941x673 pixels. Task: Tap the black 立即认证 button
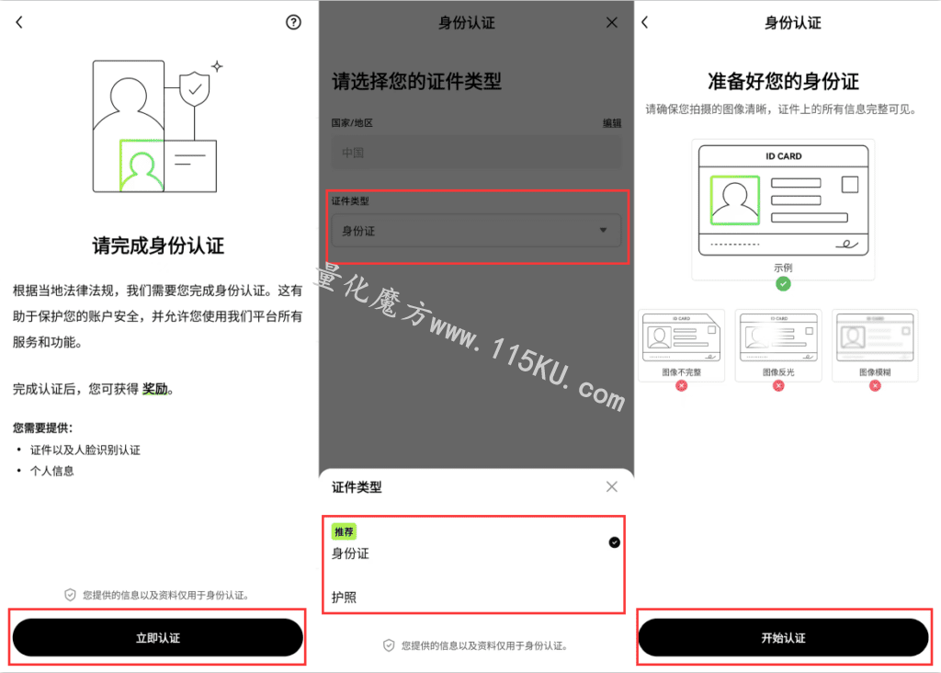(157, 637)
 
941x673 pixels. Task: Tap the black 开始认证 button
(783, 637)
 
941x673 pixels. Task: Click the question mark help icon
(293, 22)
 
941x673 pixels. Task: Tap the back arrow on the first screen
(19, 22)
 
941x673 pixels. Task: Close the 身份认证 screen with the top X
(611, 22)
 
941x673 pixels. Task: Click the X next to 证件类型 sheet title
(611, 486)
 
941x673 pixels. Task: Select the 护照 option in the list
(344, 598)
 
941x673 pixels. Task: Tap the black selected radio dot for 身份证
(615, 542)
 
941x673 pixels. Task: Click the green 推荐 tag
(344, 531)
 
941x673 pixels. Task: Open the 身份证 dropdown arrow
(603, 230)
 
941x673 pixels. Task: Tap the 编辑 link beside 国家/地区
(611, 123)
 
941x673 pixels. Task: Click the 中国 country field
(477, 153)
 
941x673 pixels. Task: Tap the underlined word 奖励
(154, 389)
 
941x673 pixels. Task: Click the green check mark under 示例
(783, 283)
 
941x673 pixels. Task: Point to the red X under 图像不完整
(681, 385)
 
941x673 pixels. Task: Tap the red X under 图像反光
(778, 385)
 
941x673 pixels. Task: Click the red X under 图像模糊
(875, 385)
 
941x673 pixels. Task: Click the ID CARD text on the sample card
(783, 156)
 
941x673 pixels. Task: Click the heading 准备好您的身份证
(783, 81)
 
